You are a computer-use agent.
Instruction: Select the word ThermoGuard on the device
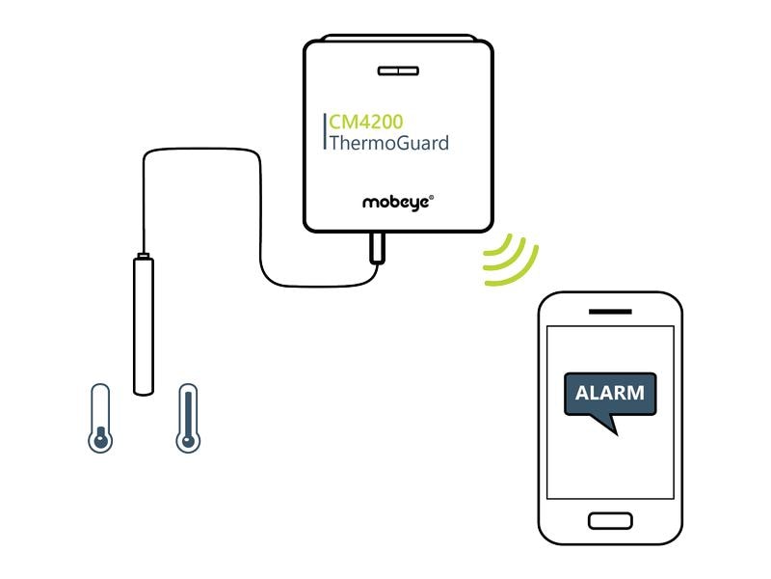(388, 145)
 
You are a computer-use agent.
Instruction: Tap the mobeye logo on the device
(396, 203)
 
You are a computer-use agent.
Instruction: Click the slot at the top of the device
(397, 70)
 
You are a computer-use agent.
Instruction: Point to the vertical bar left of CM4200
(324, 133)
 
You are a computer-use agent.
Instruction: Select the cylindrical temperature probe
(144, 323)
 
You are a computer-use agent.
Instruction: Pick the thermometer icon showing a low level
(98, 418)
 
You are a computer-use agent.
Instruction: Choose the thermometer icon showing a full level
(188, 418)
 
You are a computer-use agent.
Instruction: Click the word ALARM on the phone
(609, 394)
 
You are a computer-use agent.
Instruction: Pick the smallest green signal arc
(492, 254)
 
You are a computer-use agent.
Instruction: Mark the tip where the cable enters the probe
(143, 255)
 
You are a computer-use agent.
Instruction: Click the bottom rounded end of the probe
(144, 390)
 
